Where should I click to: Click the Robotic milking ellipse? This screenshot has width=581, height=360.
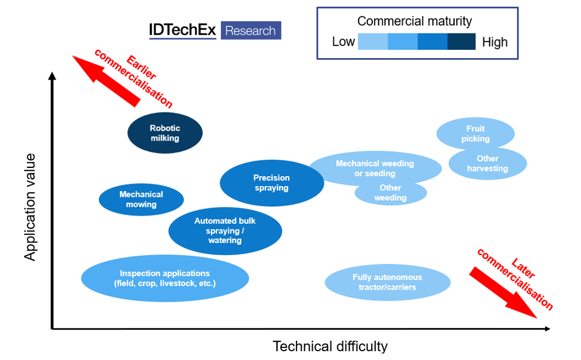(x=165, y=133)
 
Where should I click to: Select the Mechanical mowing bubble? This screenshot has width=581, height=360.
(x=141, y=200)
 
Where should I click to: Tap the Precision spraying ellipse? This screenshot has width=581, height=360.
(x=272, y=183)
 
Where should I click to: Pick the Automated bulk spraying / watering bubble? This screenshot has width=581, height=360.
(x=225, y=231)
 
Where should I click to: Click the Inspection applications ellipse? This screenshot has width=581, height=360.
(x=165, y=278)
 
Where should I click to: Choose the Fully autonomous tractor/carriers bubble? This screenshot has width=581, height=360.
(x=387, y=283)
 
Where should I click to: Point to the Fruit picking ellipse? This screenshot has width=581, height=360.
(x=475, y=133)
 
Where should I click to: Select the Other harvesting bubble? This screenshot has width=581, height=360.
(x=488, y=164)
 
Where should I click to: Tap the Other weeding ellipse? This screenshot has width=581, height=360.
(x=390, y=193)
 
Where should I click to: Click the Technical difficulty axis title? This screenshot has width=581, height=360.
(x=330, y=347)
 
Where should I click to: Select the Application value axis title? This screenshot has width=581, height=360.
(x=30, y=207)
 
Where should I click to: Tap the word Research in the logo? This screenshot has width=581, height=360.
(x=250, y=31)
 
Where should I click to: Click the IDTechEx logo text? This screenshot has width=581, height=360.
(x=182, y=30)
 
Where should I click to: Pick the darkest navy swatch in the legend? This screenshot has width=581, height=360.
(x=461, y=42)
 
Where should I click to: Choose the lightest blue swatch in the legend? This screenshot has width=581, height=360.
(x=372, y=42)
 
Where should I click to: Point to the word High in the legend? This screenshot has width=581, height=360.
(x=495, y=42)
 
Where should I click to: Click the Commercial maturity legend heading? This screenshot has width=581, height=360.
(x=414, y=21)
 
